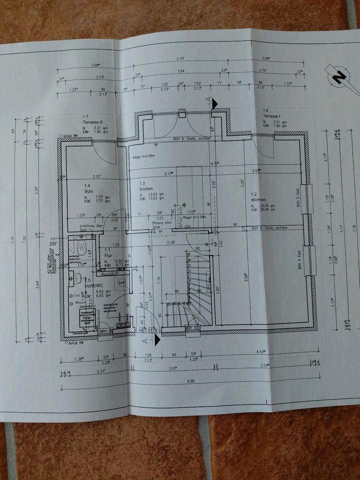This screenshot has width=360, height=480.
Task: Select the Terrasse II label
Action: coord(92,121)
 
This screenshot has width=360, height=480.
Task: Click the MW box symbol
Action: coord(120,283)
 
